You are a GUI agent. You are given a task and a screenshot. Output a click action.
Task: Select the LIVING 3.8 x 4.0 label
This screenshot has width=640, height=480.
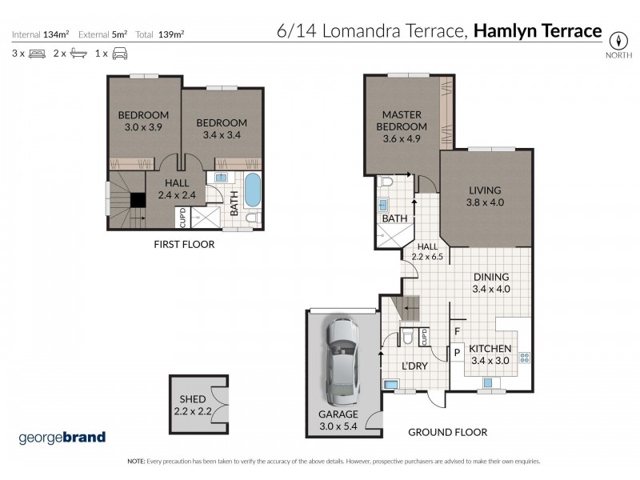click(x=486, y=196)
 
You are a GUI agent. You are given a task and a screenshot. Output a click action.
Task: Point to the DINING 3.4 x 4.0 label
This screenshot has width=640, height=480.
click(x=491, y=283)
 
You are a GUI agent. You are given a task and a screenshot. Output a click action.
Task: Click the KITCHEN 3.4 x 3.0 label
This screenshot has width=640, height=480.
click(x=490, y=354)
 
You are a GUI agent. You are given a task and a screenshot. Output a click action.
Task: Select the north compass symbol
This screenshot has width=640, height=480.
click(x=618, y=40)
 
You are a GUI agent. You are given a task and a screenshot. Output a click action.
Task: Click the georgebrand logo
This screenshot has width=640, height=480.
click(x=62, y=438)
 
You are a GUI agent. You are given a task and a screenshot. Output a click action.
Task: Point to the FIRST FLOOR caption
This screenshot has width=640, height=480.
click(x=184, y=244)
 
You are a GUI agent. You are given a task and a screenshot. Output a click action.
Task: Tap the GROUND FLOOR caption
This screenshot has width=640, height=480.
click(x=447, y=432)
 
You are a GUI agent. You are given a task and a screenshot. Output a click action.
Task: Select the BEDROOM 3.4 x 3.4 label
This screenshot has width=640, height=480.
click(x=222, y=128)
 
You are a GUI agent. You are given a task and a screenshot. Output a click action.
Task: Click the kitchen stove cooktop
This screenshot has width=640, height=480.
click(x=526, y=358)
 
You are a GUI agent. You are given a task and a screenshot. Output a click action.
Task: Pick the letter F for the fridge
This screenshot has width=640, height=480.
click(x=456, y=330)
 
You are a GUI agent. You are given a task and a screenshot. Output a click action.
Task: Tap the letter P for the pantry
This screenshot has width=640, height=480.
click(x=456, y=351)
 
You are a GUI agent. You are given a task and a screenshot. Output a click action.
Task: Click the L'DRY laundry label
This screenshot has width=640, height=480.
click(x=414, y=366)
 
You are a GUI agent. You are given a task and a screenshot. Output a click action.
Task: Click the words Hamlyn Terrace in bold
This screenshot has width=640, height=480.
click(x=538, y=31)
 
